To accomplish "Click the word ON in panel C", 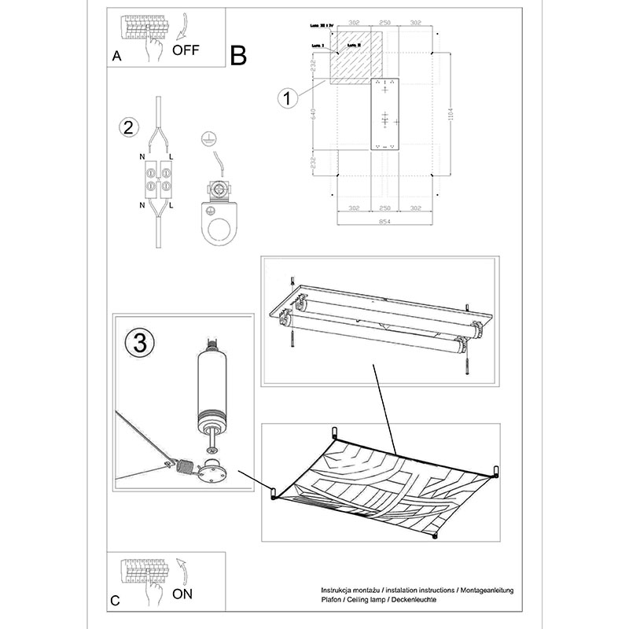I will point(182,594).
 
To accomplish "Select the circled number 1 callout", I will point(288,98).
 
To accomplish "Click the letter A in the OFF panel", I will point(117,56).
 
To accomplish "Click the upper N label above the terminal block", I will point(142,158).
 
